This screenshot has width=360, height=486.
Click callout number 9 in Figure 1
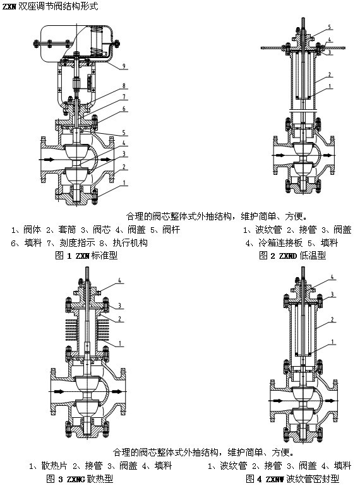(x=124, y=66)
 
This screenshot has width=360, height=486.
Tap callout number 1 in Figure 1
(x=124, y=182)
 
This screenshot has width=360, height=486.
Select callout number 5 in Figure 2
(x=330, y=27)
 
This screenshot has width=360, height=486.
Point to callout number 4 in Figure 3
(x=120, y=281)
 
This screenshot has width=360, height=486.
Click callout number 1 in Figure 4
(x=332, y=342)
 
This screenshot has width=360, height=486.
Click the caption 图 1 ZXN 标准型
(x=86, y=256)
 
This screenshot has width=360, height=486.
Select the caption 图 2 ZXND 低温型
(x=292, y=256)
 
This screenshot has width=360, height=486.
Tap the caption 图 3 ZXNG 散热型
(x=80, y=478)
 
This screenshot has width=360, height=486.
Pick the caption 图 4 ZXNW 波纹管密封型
(x=292, y=478)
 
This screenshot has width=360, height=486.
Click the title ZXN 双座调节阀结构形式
(x=51, y=6)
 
